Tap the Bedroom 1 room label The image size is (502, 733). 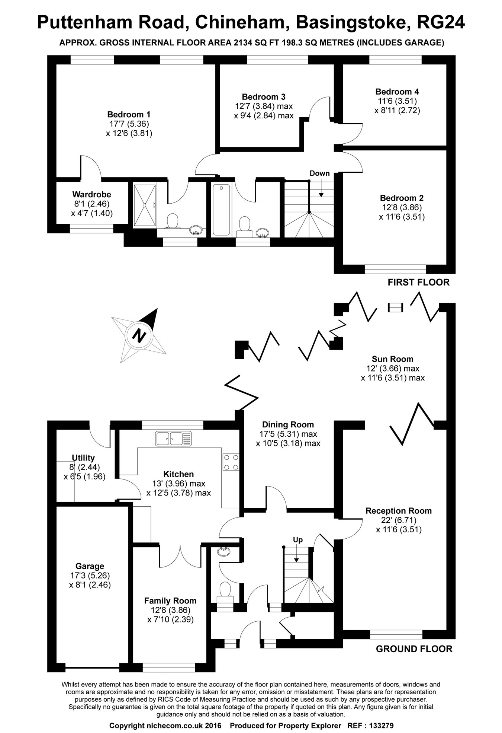click(x=129, y=114)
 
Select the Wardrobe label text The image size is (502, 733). click(x=91, y=194)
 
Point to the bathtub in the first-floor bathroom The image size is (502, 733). click(x=221, y=209)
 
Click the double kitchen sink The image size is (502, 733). click(x=174, y=438)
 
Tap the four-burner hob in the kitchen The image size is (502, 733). click(x=231, y=462)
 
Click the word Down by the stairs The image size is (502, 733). click(x=319, y=173)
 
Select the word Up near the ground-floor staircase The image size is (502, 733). click(x=298, y=540)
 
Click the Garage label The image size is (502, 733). click(x=90, y=566)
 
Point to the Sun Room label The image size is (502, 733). click(x=393, y=359)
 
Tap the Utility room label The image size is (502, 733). click(x=83, y=458)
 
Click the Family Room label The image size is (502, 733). click(x=170, y=600)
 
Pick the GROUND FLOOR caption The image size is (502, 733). click(x=414, y=649)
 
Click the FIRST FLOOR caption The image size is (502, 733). click(x=418, y=282)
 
